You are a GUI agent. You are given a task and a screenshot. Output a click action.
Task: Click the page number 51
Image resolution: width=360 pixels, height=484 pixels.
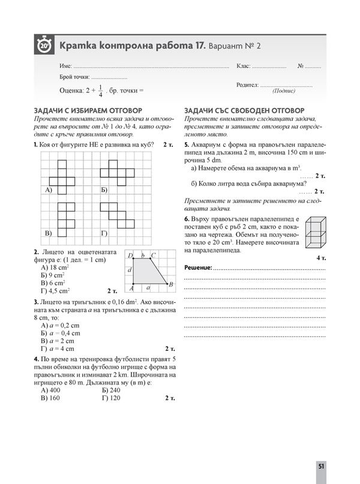click(x=322, y=467)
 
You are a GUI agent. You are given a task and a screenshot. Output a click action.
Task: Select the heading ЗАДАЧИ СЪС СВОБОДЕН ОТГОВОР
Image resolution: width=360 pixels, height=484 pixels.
click(x=244, y=111)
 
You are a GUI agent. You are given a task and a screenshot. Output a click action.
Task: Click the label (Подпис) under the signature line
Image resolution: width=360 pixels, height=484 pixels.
click(x=283, y=92)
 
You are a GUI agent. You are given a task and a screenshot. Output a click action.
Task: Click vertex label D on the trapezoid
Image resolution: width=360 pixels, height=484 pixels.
click(x=130, y=255)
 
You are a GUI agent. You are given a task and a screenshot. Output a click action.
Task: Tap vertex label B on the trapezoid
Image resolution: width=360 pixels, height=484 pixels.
click(x=171, y=283)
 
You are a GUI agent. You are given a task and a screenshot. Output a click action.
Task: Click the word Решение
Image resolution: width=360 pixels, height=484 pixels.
click(x=198, y=267)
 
